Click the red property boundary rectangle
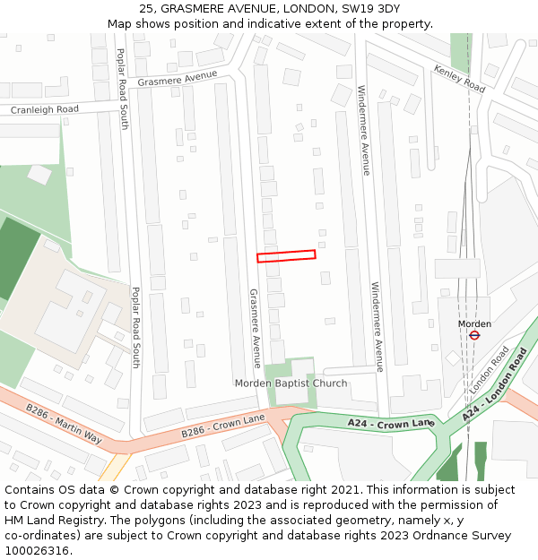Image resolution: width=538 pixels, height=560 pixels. pyautogui.click(x=286, y=256)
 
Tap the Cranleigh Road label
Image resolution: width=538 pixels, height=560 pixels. pyautogui.click(x=44, y=109)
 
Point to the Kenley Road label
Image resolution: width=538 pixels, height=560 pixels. pyautogui.click(x=459, y=79)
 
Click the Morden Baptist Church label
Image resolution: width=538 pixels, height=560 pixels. pyautogui.click(x=291, y=383)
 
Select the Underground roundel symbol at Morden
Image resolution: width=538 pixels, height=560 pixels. pyautogui.click(x=474, y=335)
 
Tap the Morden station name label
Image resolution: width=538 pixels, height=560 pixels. pyautogui.click(x=474, y=323)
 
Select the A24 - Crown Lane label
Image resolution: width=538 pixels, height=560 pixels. pyautogui.click(x=391, y=423)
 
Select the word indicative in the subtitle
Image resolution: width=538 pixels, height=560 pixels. pyautogui.click(x=292, y=23)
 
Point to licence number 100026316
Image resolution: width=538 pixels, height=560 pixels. pyautogui.click(x=37, y=550)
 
